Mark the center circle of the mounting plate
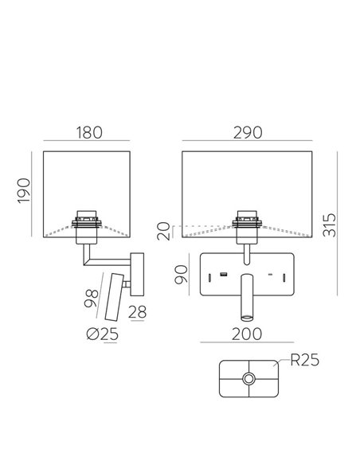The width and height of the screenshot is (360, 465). [x=249, y=381]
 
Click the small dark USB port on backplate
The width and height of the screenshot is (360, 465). [x=225, y=275]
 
